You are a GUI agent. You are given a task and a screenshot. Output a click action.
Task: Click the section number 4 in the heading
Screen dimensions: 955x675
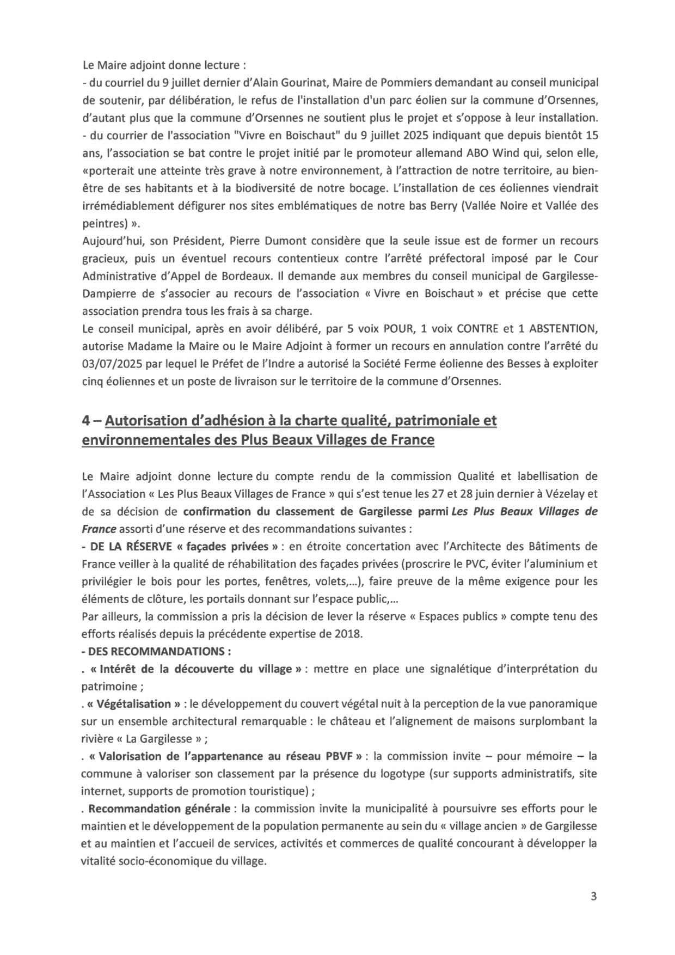point(85,421)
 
